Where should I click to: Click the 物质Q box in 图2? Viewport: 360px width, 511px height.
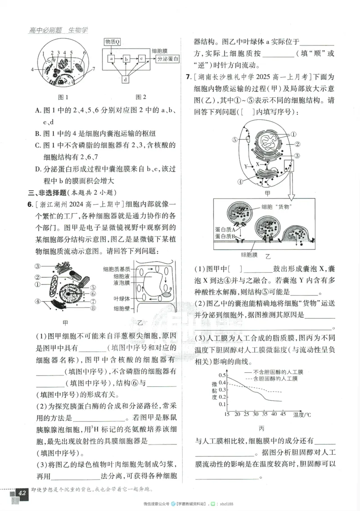point(112,42)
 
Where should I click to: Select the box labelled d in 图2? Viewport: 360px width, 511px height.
point(126,79)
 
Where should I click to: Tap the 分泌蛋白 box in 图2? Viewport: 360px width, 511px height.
point(167,59)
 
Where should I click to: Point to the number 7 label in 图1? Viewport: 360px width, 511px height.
point(93,69)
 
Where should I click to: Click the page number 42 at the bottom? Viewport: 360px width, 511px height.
point(20,493)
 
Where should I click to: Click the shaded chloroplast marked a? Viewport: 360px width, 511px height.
point(167,294)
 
